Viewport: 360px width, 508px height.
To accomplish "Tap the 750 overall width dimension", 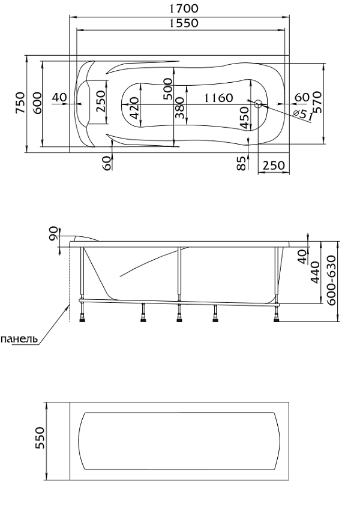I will click(20, 103).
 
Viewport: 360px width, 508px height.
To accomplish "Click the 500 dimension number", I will click(167, 88).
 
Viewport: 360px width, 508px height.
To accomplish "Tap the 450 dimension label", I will click(244, 114).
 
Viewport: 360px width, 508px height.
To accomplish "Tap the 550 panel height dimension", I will click(40, 441).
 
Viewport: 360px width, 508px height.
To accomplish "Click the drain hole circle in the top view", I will click(257, 104).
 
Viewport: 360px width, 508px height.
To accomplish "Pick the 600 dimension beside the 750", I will click(37, 103).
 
